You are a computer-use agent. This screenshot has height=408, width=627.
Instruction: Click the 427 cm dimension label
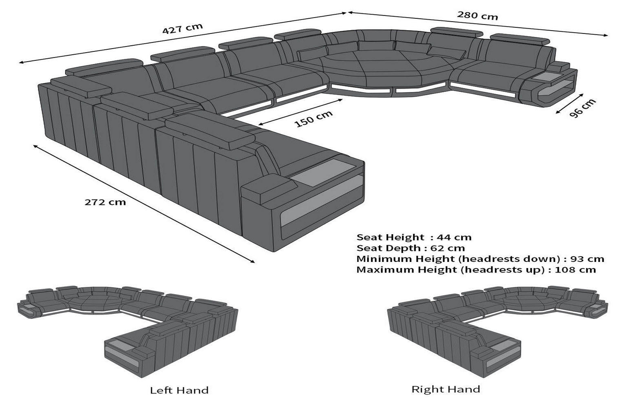click(182, 29)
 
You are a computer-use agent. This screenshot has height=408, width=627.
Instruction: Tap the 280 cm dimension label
click(477, 16)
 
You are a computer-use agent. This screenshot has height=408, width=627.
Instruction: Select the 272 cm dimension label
click(105, 202)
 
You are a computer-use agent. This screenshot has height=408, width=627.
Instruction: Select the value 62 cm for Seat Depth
click(447, 248)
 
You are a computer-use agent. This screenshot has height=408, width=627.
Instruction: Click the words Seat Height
click(384, 237)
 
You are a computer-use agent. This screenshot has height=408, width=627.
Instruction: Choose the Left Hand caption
click(179, 390)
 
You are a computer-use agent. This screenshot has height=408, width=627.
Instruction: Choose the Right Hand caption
click(446, 389)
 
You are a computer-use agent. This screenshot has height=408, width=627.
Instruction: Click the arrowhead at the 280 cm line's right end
click(606, 35)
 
